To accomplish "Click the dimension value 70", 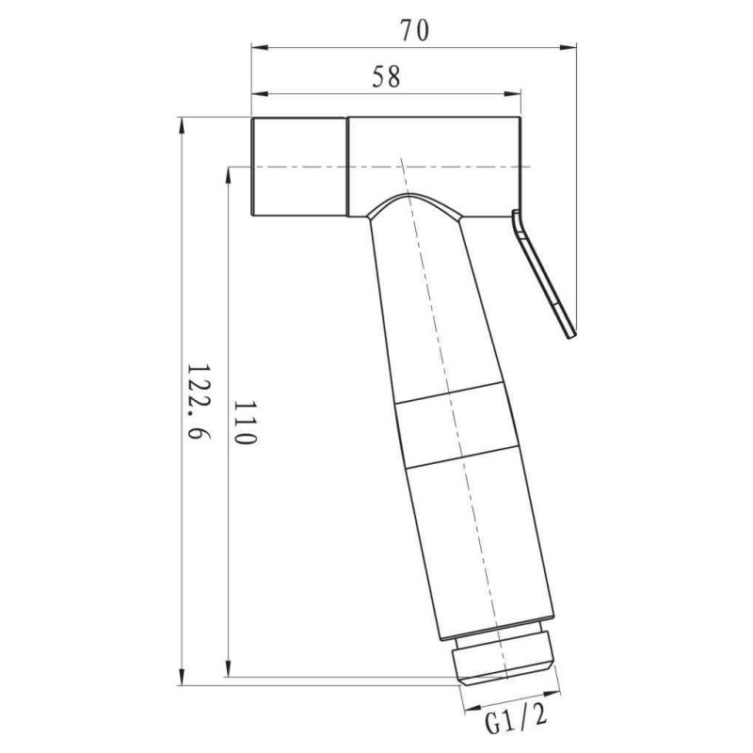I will pyautogui.click(x=413, y=31).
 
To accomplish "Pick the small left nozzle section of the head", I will pyautogui.click(x=299, y=168).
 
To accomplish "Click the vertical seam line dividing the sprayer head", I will pyautogui.click(x=348, y=168).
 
